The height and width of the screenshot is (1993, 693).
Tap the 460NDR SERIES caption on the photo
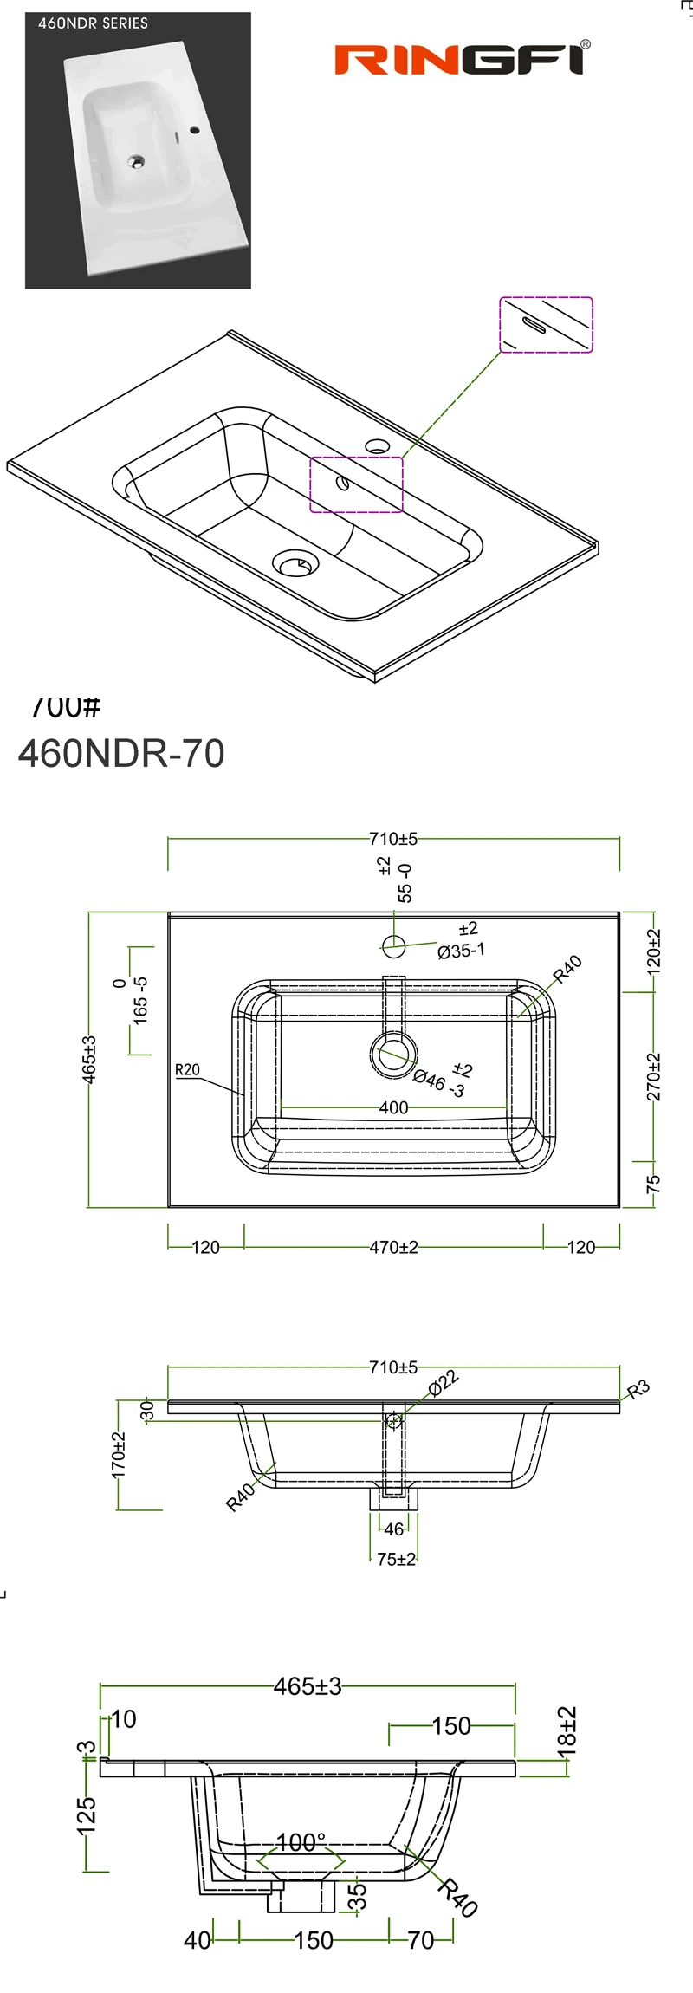coord(93,23)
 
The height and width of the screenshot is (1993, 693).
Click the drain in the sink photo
coord(136,160)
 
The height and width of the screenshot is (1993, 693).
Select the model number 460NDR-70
coord(121,753)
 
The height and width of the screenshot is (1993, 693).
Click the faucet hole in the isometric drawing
coord(377,447)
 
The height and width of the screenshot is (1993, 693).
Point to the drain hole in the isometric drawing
coord(295,564)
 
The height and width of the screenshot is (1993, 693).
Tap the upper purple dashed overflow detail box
coord(546,325)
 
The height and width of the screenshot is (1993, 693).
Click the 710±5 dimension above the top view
coord(393,839)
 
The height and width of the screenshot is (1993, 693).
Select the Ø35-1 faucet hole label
coord(461,951)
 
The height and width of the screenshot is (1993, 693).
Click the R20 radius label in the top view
coord(187,1069)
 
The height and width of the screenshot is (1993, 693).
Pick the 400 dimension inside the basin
coord(393,1107)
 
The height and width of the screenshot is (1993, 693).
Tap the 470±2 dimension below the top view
coord(393,1247)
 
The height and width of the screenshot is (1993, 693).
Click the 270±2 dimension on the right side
coord(654,1076)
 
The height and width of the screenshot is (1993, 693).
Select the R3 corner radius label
coord(638,1389)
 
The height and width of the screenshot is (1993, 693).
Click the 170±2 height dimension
coord(119,1454)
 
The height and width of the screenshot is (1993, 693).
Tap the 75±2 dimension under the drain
coord(396,1559)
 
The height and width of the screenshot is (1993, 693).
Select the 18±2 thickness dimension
coord(567,1732)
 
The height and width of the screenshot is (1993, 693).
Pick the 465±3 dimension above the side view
coord(308,1686)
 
